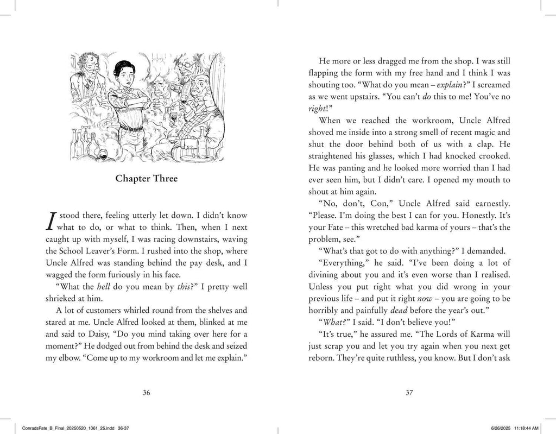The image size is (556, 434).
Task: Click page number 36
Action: (x=146, y=394)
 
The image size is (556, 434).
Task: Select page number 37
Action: (x=410, y=394)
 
